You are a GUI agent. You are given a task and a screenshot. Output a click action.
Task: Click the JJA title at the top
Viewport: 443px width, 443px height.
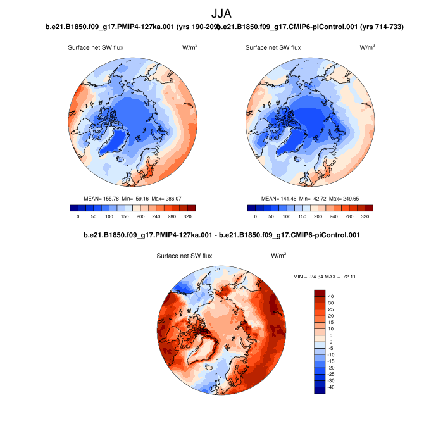pyautogui.click(x=221, y=13)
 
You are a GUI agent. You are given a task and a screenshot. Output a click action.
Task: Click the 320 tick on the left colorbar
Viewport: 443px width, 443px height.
pyautogui.click(x=187, y=216)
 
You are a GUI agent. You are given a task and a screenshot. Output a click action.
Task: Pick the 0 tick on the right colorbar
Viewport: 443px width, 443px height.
pyautogui.click(x=256, y=216)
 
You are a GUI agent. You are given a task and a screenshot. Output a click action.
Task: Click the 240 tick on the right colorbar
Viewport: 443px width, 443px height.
pyautogui.click(x=334, y=216)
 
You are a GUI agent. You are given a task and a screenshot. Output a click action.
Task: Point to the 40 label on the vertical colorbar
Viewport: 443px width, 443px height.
pyautogui.click(x=331, y=296)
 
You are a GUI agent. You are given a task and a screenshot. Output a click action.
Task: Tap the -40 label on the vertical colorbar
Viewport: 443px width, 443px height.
pyautogui.click(x=332, y=387)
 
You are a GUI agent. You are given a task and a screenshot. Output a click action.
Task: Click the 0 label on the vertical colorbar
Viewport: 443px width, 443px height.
pyautogui.click(x=330, y=342)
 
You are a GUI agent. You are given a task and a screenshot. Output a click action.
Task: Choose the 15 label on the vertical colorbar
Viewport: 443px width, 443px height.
pyautogui.click(x=331, y=322)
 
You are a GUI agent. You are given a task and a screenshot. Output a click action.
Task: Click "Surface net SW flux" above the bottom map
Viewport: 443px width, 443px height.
pyautogui.click(x=184, y=256)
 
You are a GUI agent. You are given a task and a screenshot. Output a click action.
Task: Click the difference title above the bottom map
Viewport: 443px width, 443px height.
pyautogui.click(x=221, y=235)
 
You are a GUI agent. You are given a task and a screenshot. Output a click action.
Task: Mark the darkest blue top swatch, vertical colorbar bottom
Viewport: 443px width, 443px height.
pyautogui.click(x=320, y=389)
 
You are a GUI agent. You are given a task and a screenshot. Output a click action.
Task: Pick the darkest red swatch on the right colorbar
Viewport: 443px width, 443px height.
pyautogui.click(x=369, y=208)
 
